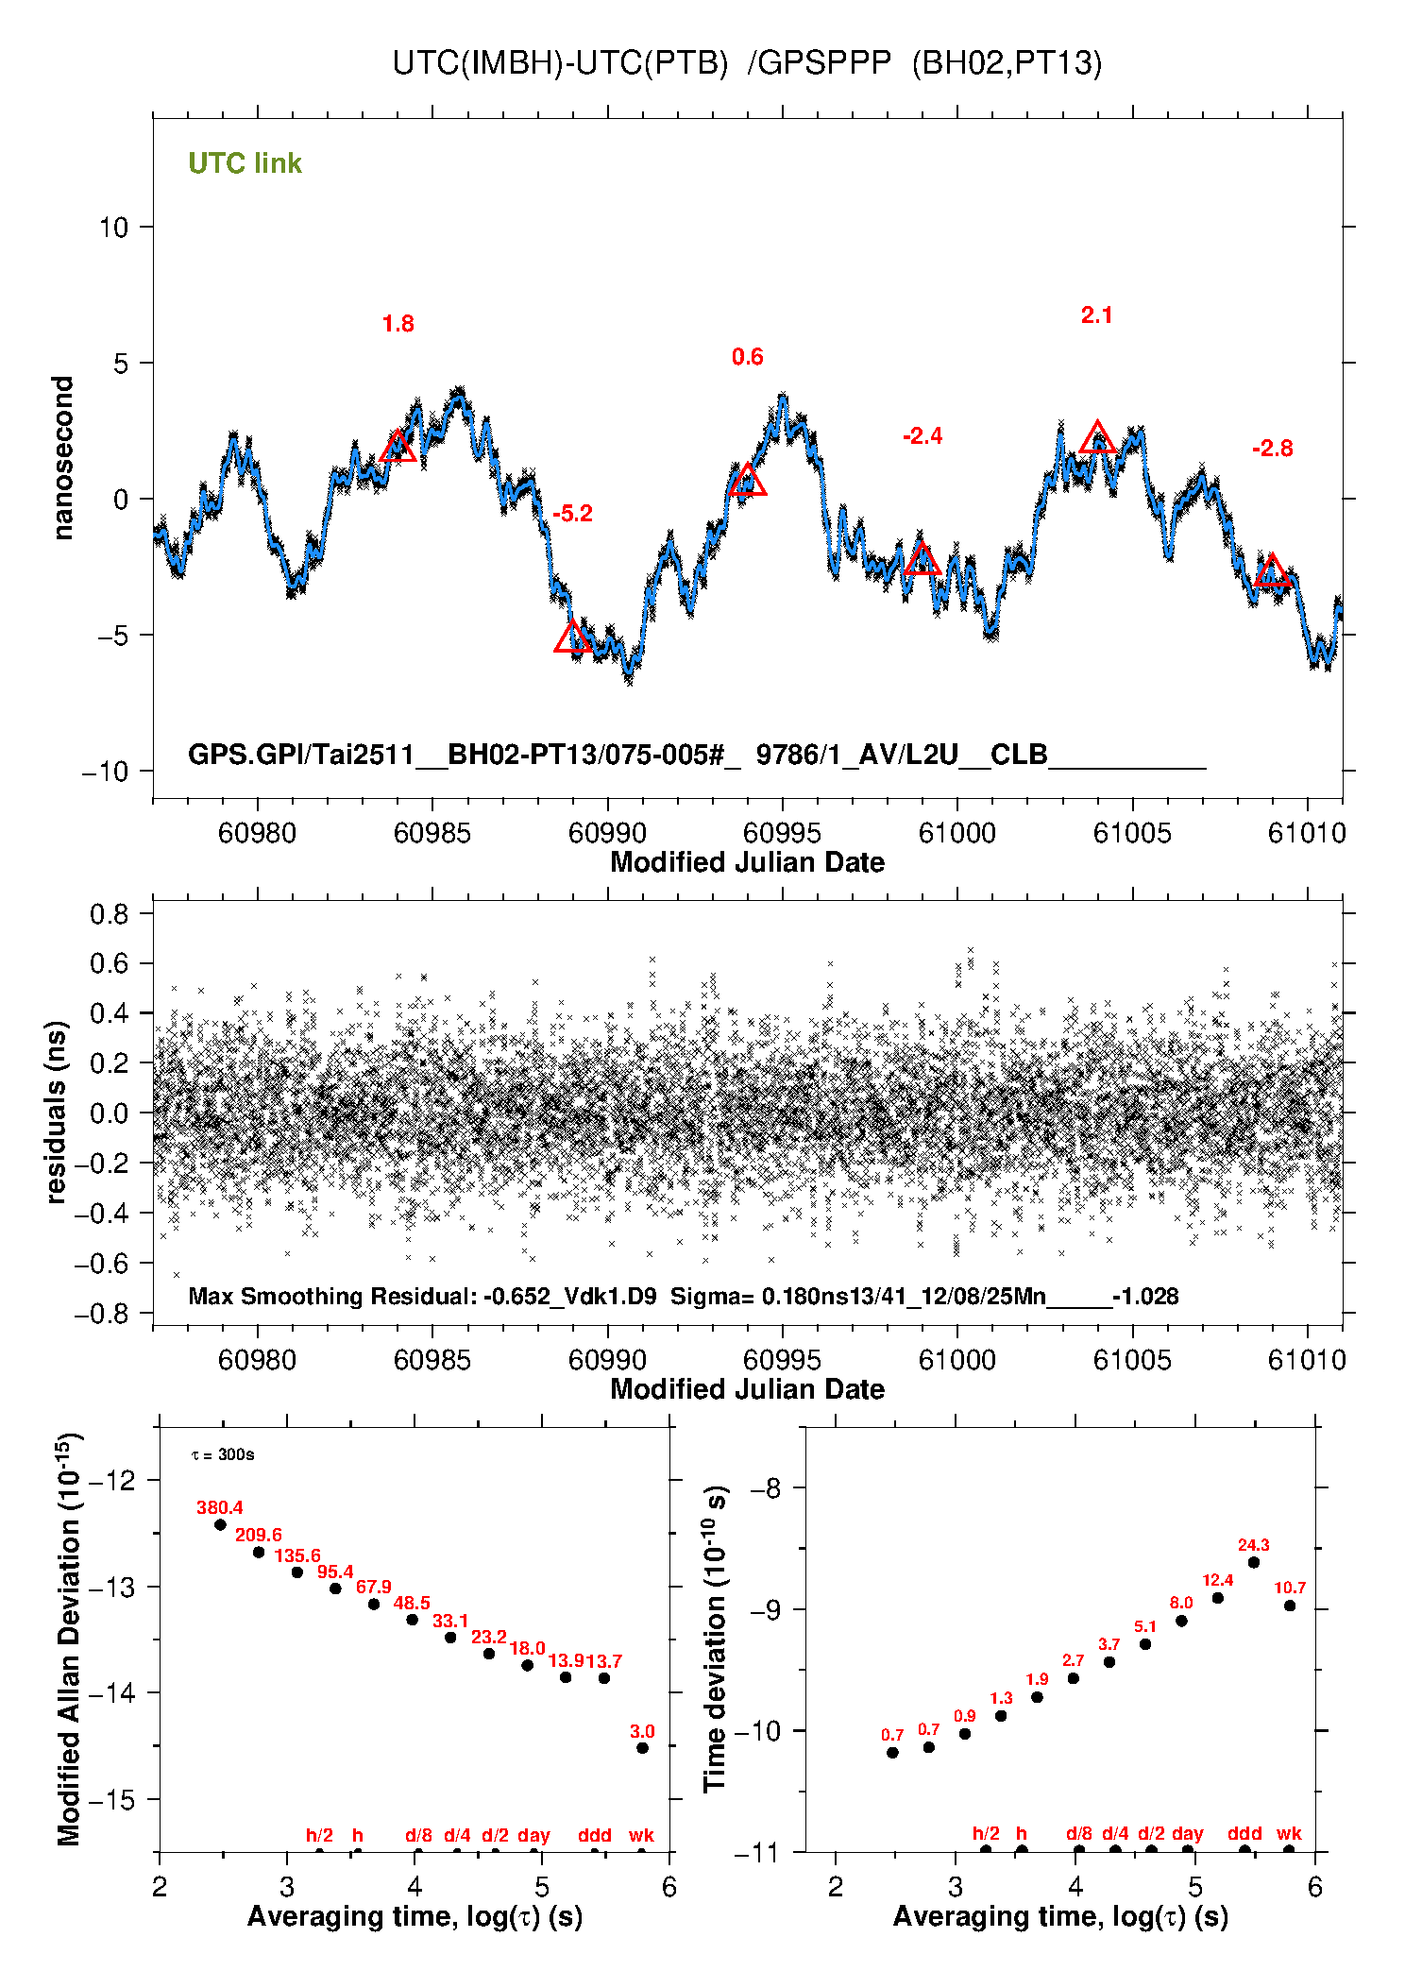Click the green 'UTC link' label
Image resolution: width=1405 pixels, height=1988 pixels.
click(x=245, y=163)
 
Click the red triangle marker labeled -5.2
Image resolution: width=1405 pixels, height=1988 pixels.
click(x=573, y=637)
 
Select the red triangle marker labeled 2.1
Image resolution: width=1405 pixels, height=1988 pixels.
click(x=1097, y=438)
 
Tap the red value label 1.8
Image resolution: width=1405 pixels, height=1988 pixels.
click(x=398, y=324)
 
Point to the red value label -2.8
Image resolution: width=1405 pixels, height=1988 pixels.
click(x=1272, y=449)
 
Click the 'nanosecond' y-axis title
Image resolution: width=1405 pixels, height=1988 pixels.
click(x=63, y=458)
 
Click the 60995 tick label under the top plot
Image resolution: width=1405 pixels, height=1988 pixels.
click(x=782, y=833)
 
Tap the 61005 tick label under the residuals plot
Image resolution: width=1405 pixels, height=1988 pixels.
click(x=1131, y=1360)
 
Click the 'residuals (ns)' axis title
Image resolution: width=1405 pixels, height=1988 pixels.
click(x=57, y=1112)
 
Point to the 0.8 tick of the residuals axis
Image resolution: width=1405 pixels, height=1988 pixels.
click(x=110, y=913)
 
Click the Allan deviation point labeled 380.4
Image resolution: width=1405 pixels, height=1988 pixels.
click(x=220, y=1524)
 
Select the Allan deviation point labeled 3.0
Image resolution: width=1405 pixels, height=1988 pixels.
click(x=642, y=1747)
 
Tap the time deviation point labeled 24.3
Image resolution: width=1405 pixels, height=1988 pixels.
click(x=1254, y=1562)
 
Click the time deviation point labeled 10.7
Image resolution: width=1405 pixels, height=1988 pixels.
click(x=1290, y=1606)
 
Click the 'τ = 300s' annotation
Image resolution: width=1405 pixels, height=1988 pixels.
click(x=223, y=1454)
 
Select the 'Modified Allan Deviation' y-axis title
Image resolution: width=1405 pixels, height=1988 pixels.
click(x=68, y=1639)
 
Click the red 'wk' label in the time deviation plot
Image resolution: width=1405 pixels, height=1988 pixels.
click(x=1289, y=1833)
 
